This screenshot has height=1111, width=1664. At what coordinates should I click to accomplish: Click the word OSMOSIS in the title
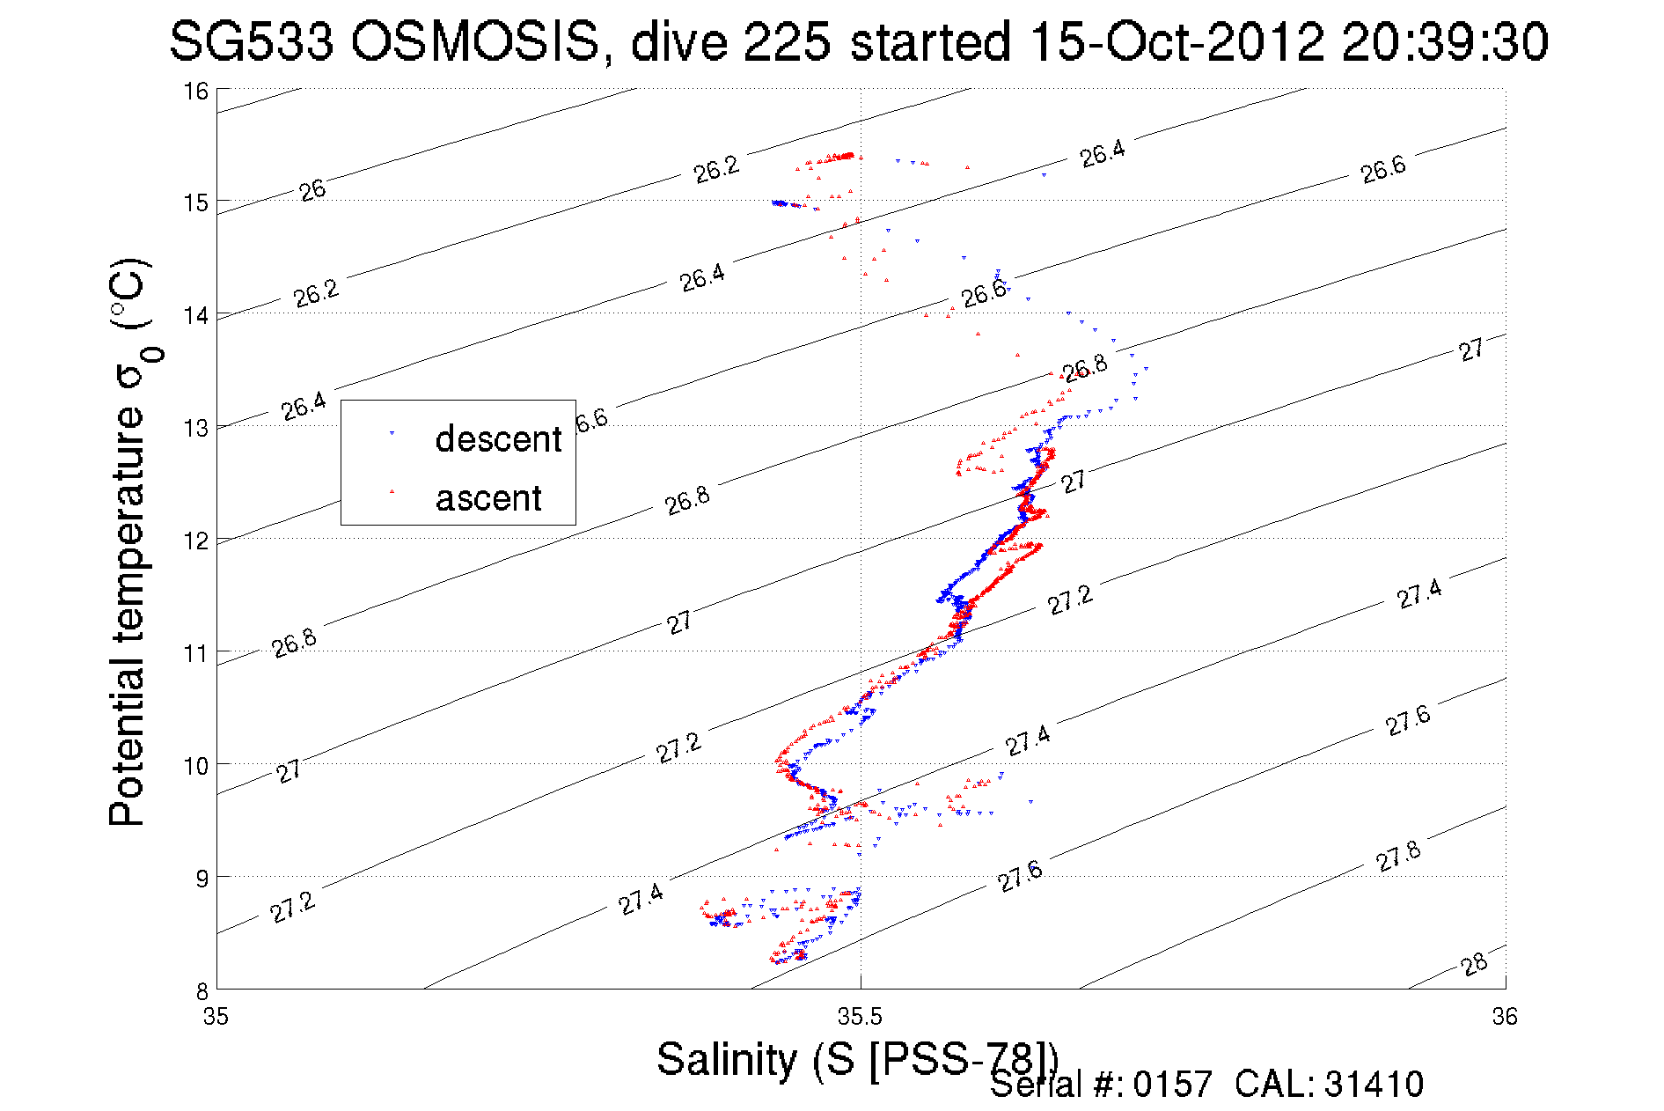(x=474, y=41)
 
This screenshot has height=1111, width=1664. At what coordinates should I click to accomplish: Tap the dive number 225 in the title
(x=787, y=41)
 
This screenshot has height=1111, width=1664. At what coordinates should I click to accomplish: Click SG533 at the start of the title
(x=251, y=41)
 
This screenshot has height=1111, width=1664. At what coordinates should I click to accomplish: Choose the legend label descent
(x=498, y=438)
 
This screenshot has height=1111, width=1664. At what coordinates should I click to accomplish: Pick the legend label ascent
(x=488, y=498)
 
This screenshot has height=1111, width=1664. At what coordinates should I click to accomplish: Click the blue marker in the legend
(x=392, y=433)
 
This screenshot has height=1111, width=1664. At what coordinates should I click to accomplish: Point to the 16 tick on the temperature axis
(x=196, y=91)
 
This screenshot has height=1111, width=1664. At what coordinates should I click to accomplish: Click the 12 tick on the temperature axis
(x=196, y=541)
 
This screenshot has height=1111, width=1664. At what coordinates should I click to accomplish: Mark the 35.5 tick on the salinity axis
(x=860, y=1017)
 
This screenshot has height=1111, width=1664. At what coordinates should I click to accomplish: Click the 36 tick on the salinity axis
(x=1505, y=1017)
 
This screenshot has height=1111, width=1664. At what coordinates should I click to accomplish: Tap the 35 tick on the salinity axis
(x=216, y=1017)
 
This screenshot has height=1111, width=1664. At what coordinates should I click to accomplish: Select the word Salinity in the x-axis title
(x=726, y=1058)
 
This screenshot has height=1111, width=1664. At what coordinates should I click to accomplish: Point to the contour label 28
(x=1474, y=964)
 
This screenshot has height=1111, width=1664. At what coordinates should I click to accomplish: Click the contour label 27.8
(x=1398, y=856)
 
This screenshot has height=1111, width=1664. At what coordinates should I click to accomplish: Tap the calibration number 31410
(x=1374, y=1085)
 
